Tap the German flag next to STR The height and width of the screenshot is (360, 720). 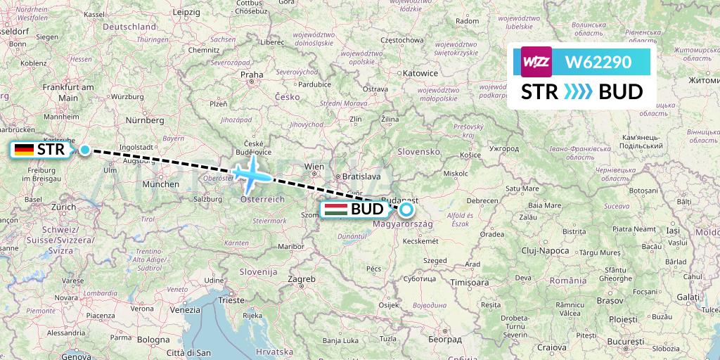(x=25, y=149)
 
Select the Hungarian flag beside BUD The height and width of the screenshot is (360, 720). (x=335, y=210)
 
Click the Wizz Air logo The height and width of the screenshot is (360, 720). (x=536, y=62)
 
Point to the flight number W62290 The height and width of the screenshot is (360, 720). (x=598, y=62)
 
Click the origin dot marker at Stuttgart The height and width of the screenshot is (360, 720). (x=85, y=149)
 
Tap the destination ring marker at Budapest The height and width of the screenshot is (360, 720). (x=406, y=209)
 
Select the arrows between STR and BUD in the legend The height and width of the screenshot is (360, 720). (x=579, y=92)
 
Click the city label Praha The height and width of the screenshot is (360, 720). (x=251, y=74)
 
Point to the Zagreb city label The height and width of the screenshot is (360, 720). (x=302, y=279)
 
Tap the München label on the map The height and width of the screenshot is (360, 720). (x=160, y=184)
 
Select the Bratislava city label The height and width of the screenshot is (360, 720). (x=362, y=177)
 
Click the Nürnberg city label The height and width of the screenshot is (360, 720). (x=145, y=120)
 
